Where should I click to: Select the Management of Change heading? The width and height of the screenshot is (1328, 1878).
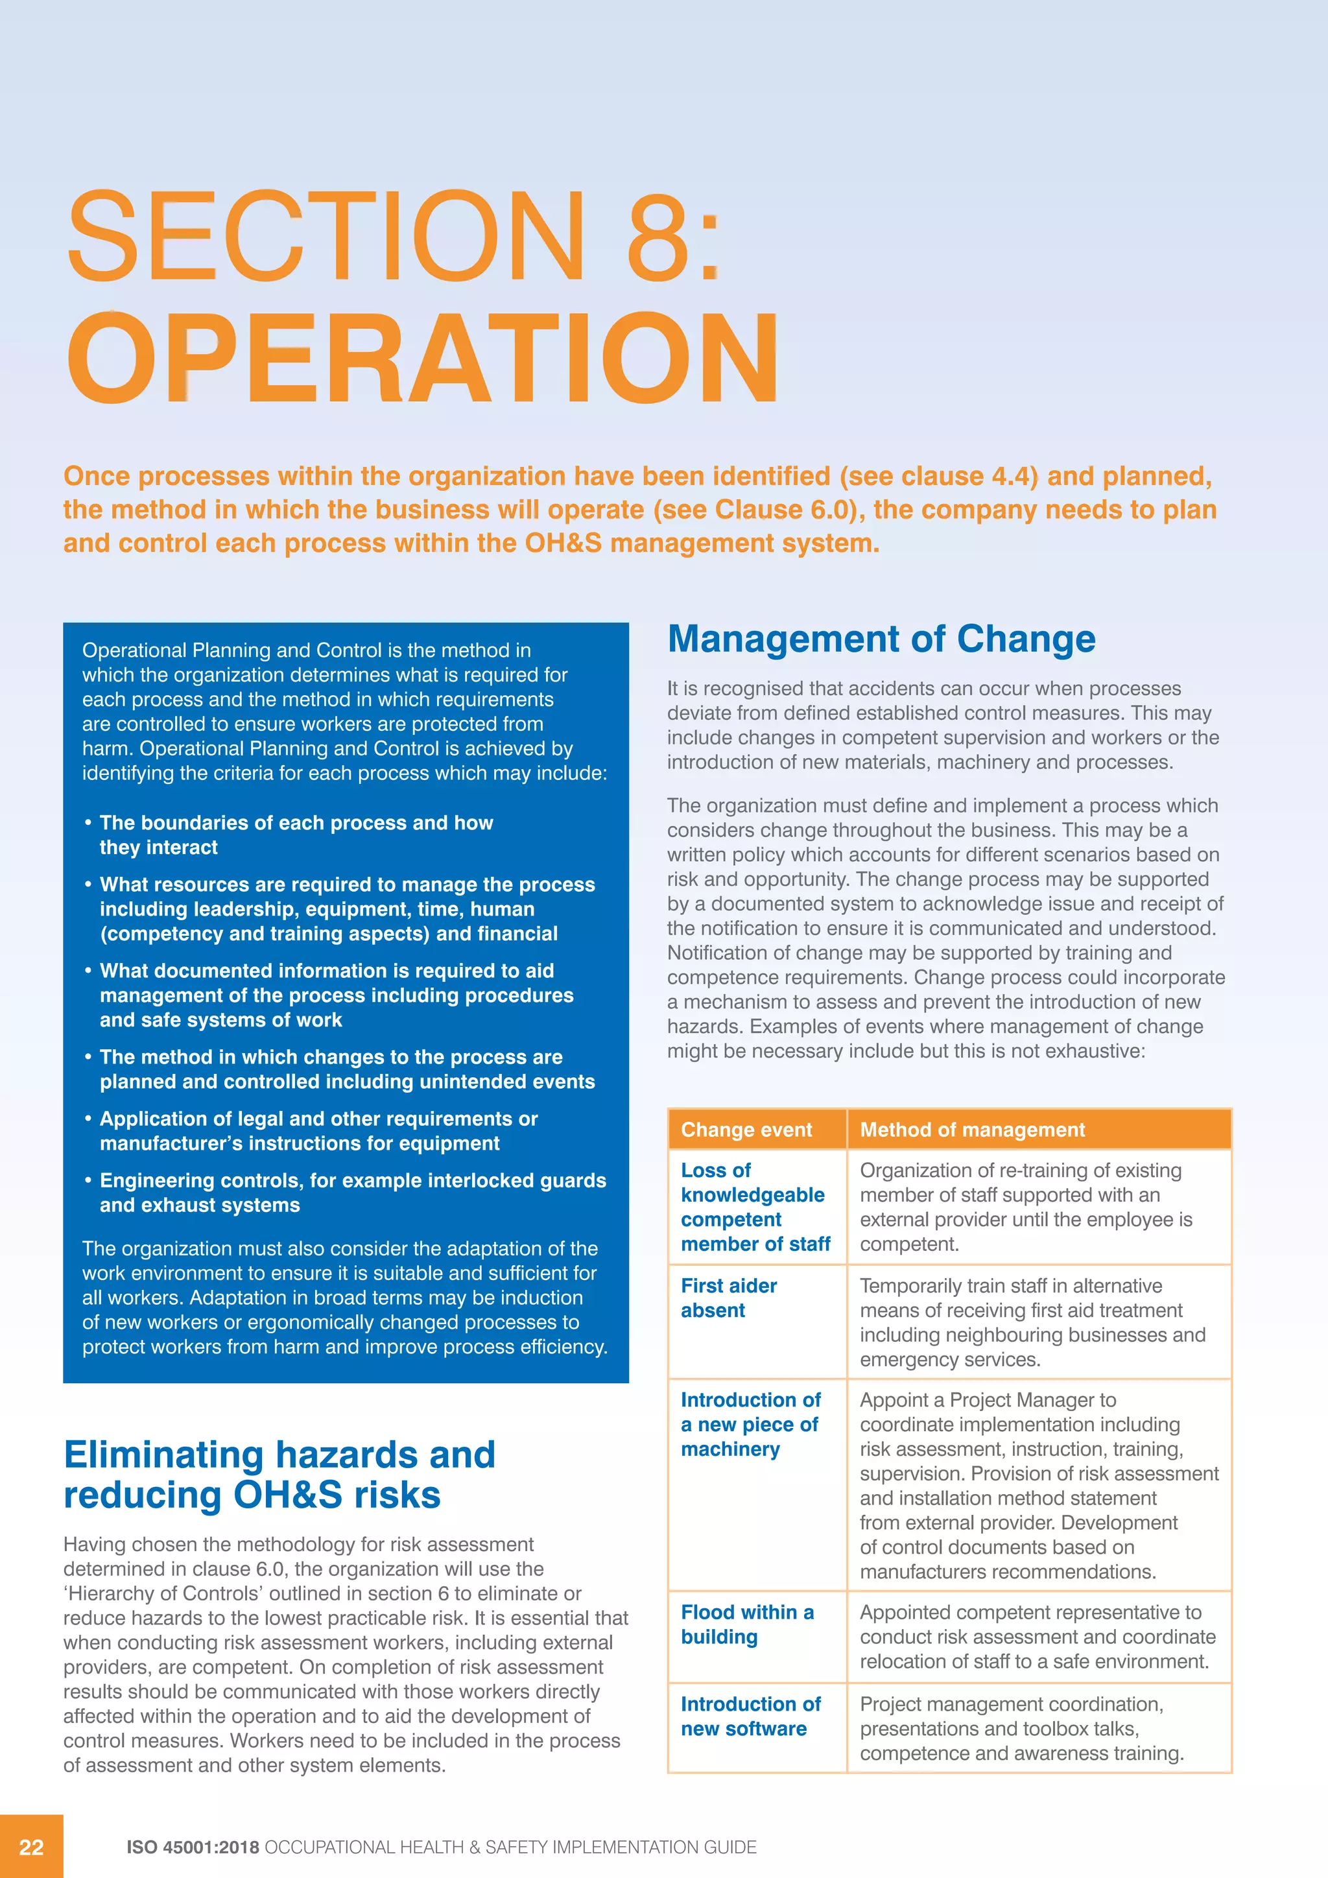pyautogui.click(x=881, y=639)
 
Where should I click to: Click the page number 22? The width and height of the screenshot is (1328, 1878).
pyautogui.click(x=31, y=1847)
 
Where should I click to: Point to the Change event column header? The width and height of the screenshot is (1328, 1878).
pyautogui.click(x=746, y=1130)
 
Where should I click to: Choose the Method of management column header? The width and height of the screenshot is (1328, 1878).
pyautogui.click(x=971, y=1130)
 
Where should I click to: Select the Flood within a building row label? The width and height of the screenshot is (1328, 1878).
pyautogui.click(x=746, y=1624)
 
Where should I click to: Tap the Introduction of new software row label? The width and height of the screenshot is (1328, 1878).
pyautogui.click(x=750, y=1716)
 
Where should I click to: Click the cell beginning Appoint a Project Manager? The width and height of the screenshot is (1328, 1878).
pyautogui.click(x=1037, y=1486)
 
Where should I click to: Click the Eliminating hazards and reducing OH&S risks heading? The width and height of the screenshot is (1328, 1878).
pyautogui.click(x=279, y=1475)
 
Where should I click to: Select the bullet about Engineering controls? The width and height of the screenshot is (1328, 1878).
pyautogui.click(x=353, y=1193)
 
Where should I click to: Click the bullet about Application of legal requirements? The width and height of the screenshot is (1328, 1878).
pyautogui.click(x=318, y=1130)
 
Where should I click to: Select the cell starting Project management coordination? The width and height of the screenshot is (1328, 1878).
pyautogui.click(x=1021, y=1728)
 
